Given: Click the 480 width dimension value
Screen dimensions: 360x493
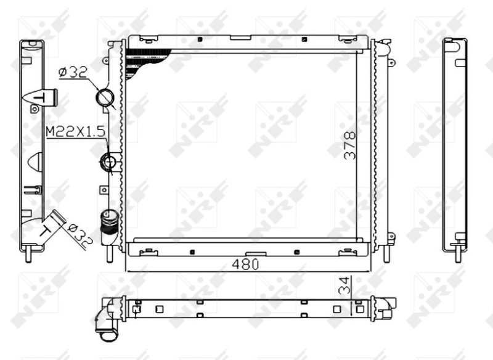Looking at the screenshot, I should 246,263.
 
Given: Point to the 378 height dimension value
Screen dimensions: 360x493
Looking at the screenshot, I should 350,145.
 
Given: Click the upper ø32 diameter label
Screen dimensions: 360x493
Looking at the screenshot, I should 72,73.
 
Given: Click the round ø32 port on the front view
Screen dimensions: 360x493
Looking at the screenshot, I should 105,98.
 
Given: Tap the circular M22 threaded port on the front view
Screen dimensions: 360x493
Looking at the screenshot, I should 110,163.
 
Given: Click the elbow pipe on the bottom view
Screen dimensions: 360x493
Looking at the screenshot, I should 107,321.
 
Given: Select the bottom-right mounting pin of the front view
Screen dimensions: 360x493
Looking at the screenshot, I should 386,252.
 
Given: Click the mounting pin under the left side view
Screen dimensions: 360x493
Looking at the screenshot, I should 31,253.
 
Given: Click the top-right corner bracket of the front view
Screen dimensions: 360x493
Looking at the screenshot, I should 383,46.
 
